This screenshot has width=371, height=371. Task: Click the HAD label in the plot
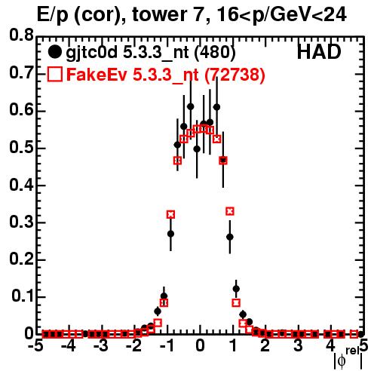[x=319, y=52]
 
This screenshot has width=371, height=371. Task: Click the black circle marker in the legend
[x=54, y=52]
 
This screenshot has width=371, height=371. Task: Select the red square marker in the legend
[x=54, y=75]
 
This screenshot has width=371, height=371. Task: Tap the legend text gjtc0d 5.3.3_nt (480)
[x=151, y=54]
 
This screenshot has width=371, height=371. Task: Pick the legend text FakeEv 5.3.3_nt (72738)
[x=166, y=75]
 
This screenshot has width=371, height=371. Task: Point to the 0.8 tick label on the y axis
[x=21, y=35]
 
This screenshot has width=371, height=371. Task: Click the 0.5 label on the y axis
[x=21, y=147]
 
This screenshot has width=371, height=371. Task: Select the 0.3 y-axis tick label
[x=21, y=222]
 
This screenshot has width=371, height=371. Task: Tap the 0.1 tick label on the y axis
[x=23, y=296]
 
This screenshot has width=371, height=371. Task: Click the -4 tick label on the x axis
[x=69, y=346]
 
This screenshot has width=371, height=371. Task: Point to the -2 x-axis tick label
[x=134, y=346]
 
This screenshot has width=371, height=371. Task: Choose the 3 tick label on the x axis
[x=298, y=346]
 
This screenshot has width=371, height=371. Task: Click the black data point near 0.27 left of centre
[x=170, y=234]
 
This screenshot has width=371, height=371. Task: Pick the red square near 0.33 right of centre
[x=230, y=211]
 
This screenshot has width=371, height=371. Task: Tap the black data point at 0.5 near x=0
[x=197, y=149]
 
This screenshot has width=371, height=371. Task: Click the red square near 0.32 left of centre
[x=170, y=214]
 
